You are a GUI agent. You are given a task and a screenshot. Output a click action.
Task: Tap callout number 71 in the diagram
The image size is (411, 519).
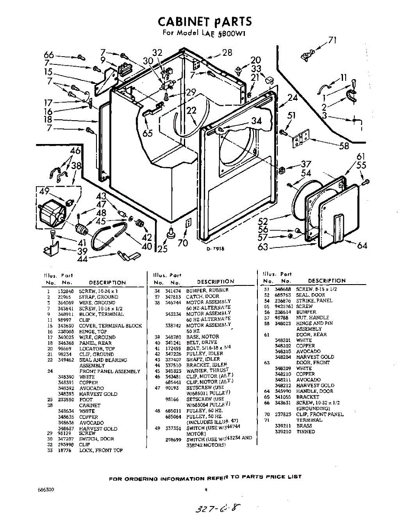pos(332,40)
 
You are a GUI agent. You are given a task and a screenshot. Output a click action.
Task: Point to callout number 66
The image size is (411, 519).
pos(49,55)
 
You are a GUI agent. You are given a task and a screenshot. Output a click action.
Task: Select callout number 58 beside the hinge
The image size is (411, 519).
pos(344,146)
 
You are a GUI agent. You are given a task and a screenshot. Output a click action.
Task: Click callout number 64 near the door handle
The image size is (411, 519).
pos(362,246)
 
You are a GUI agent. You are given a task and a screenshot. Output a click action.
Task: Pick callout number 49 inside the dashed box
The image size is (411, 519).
pos(45,192)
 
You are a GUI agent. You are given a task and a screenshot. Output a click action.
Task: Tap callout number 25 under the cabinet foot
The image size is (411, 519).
pos(162,249)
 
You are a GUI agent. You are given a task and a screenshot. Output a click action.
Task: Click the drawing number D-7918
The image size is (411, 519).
pos(215,248)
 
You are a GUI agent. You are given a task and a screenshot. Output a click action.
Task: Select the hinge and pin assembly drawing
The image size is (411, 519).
pos(301,139)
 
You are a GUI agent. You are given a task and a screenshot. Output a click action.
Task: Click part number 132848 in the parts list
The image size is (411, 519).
pos(64,292)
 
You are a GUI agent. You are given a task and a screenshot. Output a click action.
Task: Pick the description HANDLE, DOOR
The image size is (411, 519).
pos(314,391)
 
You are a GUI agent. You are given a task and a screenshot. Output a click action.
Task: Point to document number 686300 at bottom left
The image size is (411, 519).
pos(46,490)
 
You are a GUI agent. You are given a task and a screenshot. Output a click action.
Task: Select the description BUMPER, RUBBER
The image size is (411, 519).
pos(207,290)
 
